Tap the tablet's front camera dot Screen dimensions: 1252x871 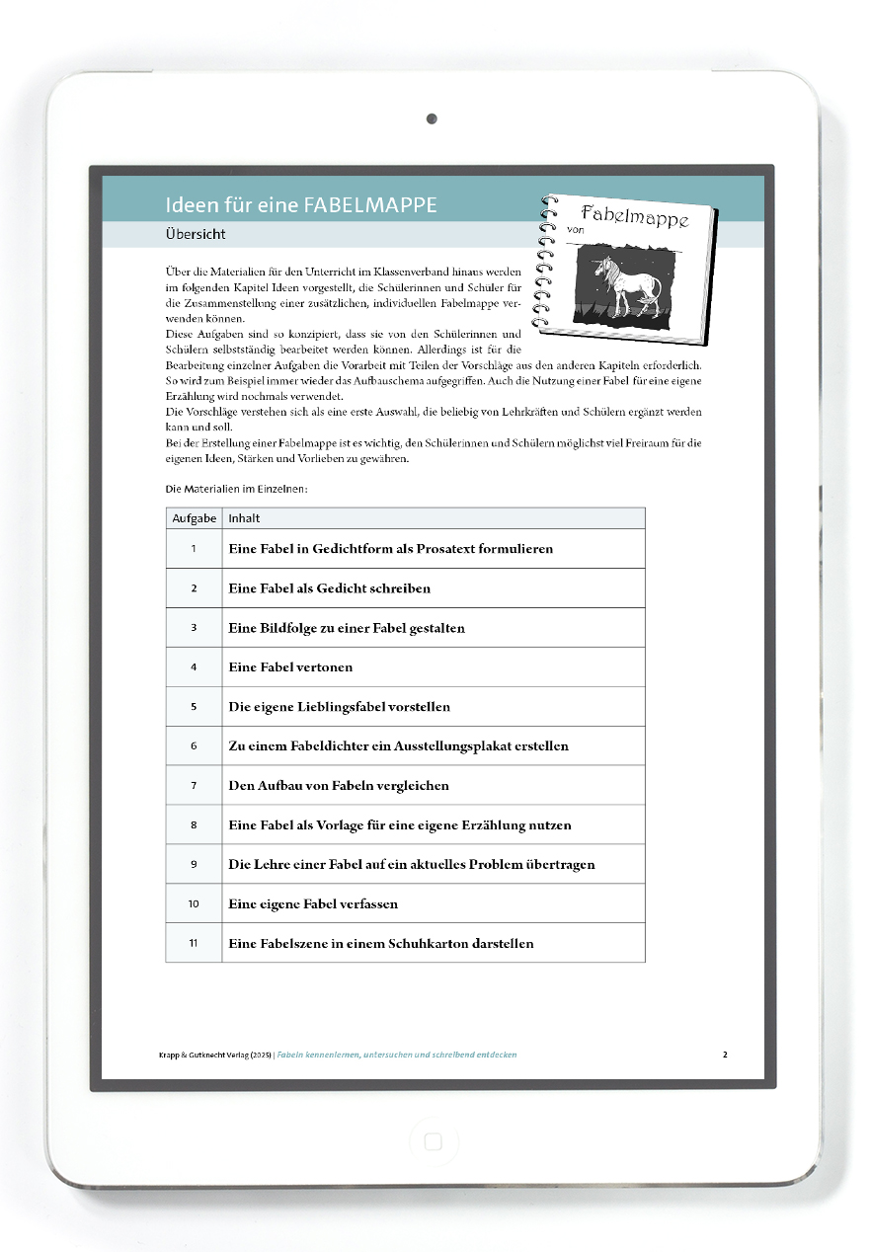432,119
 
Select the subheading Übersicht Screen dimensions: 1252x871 197,235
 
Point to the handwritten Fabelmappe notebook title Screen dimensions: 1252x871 634,215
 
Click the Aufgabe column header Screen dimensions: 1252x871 194,518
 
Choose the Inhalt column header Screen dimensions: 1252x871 244,518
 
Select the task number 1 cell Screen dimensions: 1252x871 194,548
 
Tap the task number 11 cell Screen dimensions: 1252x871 194,943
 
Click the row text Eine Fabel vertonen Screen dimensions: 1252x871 290,667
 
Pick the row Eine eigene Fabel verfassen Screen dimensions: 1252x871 313,903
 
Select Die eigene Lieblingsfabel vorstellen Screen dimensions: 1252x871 339,707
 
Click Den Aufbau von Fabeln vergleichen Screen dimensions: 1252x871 339,786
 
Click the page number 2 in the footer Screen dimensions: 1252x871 725,1055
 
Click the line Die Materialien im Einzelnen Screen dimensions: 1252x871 237,489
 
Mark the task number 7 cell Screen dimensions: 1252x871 194,786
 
